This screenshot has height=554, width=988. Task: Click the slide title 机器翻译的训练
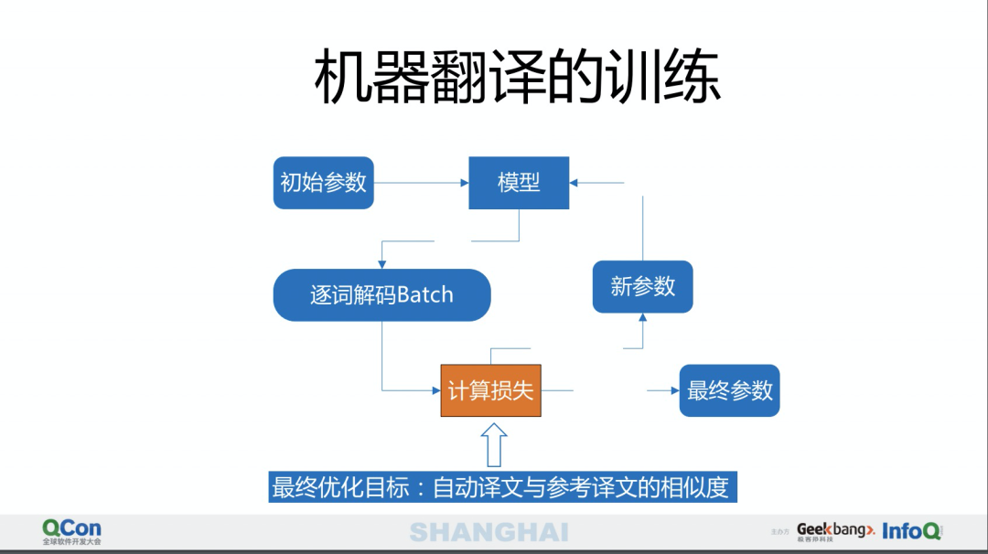point(518,77)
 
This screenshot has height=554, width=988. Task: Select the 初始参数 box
point(324,183)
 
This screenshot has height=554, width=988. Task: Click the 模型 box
point(519,183)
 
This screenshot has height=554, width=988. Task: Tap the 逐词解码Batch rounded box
point(381,295)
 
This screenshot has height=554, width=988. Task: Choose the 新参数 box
point(642,287)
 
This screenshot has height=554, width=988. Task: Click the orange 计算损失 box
point(490,390)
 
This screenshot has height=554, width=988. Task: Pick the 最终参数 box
point(729,391)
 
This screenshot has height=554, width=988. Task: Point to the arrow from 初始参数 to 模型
point(421,183)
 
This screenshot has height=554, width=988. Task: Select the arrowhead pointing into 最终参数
point(673,391)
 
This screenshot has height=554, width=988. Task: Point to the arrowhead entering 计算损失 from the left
point(435,391)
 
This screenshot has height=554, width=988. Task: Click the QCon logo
point(71,531)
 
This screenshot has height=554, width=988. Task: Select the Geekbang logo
point(835,531)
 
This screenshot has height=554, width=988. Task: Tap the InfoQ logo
point(911,531)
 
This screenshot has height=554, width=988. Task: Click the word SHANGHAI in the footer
point(489,532)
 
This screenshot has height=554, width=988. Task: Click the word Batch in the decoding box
point(424,295)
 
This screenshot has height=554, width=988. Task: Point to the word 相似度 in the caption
point(700,488)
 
